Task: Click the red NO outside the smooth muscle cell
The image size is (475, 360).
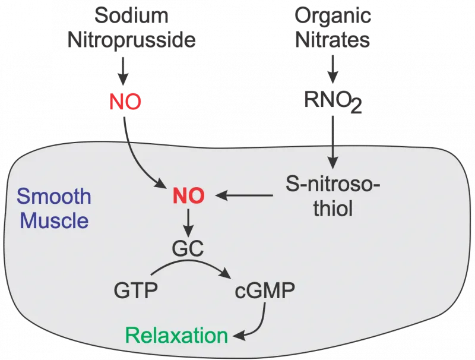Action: [x=125, y=102]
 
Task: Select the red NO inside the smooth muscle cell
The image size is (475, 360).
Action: [x=188, y=195]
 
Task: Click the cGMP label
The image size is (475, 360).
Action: [x=265, y=291]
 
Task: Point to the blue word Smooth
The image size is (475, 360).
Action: [x=54, y=196]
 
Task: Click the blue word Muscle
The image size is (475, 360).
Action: [x=54, y=220]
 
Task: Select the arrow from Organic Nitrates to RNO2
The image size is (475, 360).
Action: [x=333, y=72]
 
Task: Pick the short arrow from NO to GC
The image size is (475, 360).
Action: [x=188, y=222]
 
